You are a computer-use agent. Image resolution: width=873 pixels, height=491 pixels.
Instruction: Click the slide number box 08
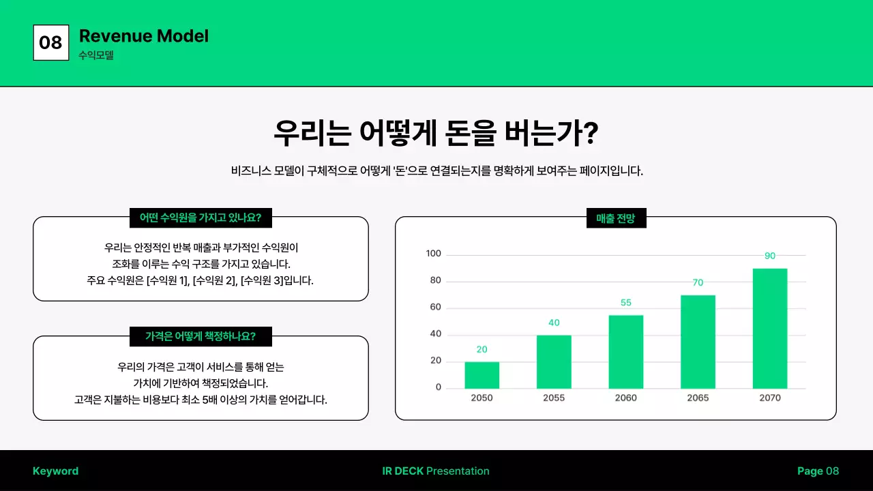50,42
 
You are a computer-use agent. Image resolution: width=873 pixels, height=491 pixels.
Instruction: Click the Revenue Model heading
144,36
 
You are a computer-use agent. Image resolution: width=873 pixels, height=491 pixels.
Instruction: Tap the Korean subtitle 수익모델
96,55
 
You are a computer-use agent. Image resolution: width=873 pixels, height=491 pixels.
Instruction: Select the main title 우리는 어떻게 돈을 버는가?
436,132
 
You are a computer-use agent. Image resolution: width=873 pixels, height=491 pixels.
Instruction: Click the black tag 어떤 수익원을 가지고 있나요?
201,218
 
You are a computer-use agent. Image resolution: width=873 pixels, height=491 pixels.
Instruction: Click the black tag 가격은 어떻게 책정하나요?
201,336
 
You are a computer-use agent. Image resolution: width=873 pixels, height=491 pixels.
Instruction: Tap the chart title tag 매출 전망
616,218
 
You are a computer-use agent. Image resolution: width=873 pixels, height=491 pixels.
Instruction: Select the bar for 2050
482,375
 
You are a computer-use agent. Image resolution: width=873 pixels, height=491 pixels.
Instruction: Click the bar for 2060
625,352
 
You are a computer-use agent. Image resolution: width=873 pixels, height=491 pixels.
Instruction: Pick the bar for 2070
769,329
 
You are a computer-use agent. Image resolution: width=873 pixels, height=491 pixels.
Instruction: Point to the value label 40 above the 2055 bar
554,323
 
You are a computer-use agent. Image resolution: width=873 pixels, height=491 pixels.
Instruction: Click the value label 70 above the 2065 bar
698,282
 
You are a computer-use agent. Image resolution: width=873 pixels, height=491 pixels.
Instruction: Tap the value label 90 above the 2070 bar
770,256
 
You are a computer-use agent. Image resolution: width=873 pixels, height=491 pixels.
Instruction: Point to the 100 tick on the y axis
434,254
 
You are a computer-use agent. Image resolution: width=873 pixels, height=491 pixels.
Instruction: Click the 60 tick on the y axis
436,307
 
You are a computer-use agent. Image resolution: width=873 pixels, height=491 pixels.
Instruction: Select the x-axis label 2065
698,398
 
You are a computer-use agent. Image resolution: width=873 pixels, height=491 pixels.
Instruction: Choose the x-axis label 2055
554,398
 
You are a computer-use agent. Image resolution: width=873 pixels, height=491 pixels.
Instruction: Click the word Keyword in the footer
55,471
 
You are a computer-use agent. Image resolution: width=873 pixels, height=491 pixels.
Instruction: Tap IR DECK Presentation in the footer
436,471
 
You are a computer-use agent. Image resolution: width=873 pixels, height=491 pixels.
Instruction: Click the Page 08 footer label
818,471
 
